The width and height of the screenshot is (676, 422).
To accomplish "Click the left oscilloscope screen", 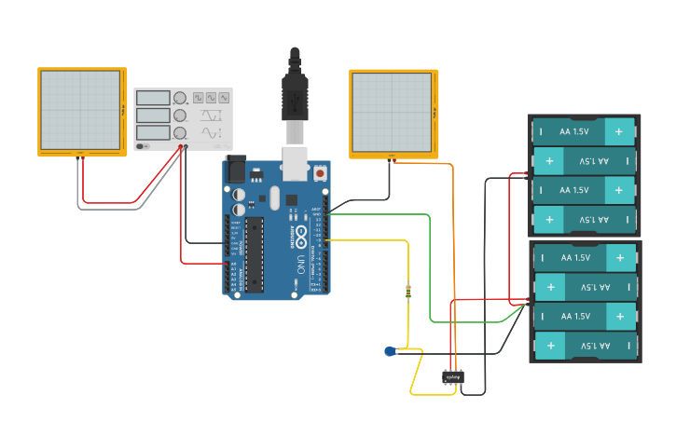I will click(81, 110).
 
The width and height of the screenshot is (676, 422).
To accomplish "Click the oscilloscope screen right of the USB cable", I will click(392, 112).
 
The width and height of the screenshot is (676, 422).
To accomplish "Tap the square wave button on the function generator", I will click(198, 98).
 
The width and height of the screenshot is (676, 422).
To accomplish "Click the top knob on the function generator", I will click(180, 99).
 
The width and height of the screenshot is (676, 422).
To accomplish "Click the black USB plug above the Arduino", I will click(295, 93).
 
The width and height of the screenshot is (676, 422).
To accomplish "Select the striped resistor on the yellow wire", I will click(408, 292).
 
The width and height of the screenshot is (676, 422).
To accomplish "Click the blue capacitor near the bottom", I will click(390, 351).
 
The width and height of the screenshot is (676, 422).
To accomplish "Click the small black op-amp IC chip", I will click(453, 377).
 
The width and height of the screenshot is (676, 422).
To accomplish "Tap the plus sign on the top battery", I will click(616, 132).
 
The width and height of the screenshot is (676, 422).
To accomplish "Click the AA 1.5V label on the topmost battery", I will click(574, 132).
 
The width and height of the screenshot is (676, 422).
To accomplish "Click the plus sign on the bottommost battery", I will click(550, 346).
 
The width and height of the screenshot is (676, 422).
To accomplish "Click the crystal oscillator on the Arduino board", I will click(273, 197).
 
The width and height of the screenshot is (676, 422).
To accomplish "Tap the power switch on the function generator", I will click(142, 145).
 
